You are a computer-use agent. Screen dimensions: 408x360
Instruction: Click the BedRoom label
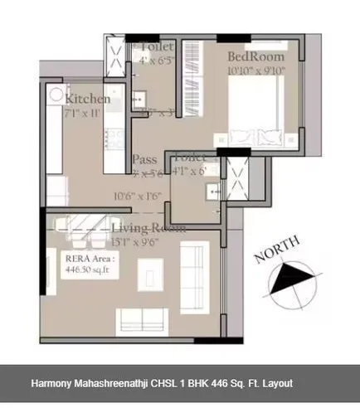click(x=256, y=56)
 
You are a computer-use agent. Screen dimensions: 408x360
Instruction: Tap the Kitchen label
click(x=87, y=99)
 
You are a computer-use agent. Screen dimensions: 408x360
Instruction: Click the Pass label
click(x=144, y=160)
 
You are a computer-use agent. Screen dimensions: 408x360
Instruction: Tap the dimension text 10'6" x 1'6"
click(x=137, y=197)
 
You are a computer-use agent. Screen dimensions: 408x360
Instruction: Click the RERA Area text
click(x=86, y=259)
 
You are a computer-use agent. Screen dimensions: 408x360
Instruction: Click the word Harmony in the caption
click(x=56, y=384)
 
